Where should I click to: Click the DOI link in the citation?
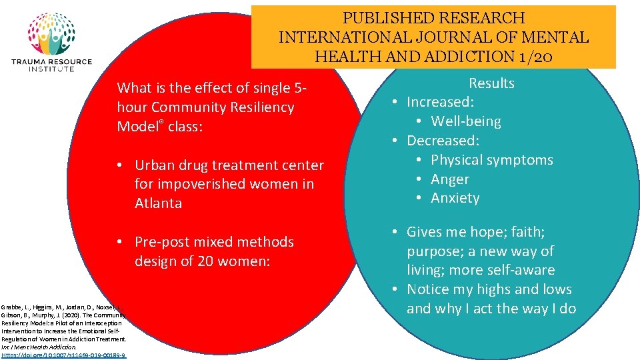[x=63, y=355]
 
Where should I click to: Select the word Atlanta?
[x=158, y=203]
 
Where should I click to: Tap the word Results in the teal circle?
[x=491, y=83]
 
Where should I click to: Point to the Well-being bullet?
[x=466, y=121]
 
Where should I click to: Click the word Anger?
[x=450, y=179]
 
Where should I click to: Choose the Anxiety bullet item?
[x=455, y=198]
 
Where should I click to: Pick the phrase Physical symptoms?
[x=492, y=160]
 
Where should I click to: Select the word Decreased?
[x=443, y=141]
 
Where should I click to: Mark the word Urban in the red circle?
[x=154, y=165]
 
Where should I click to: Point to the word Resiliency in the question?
[x=258, y=107]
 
